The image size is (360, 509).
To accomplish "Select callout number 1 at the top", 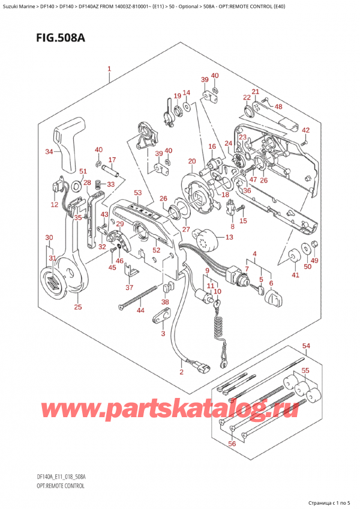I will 110,69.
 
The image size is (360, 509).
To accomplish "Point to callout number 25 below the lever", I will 77,308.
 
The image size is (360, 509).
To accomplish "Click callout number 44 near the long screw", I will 140,310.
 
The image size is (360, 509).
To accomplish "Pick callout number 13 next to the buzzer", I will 229,238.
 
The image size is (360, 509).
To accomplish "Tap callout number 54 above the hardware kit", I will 307,346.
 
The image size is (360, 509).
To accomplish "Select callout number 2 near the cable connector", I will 181,372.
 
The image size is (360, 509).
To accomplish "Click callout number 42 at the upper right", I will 306,130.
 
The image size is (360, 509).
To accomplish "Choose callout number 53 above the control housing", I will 137,193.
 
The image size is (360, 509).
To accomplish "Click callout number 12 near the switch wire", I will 54,205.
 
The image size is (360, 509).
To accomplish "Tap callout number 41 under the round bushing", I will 295,275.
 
